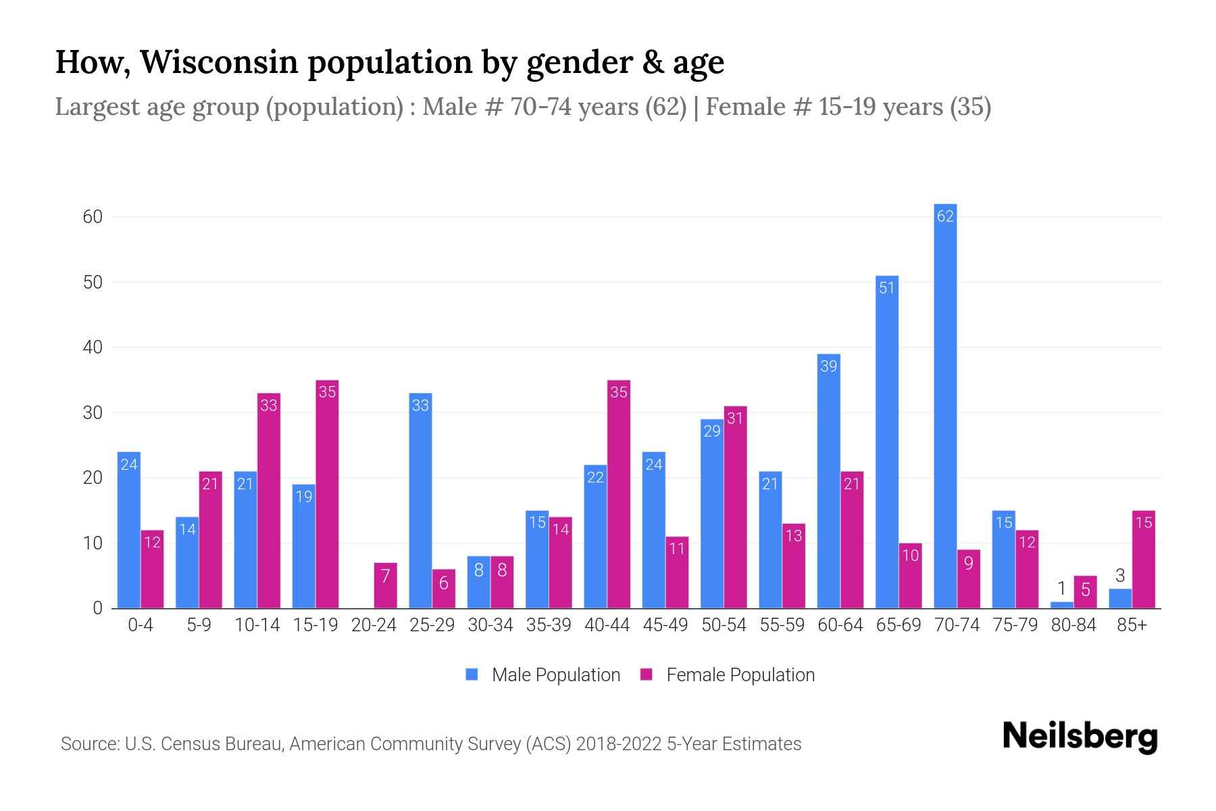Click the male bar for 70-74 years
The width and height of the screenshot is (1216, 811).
[x=945, y=405]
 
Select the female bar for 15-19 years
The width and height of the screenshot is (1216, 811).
[x=327, y=494]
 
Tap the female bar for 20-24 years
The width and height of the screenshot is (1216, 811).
[x=385, y=585]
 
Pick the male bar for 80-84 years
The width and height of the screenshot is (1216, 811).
[x=1061, y=605]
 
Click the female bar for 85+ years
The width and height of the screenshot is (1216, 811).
[x=1143, y=560]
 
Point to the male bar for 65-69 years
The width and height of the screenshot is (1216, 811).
[x=887, y=442]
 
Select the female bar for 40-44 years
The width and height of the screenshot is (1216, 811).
[x=618, y=494]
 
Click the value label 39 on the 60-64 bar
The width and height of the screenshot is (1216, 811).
[x=828, y=366]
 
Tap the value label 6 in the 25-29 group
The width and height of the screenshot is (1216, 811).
[x=443, y=583]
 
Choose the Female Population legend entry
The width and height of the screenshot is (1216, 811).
[x=728, y=674]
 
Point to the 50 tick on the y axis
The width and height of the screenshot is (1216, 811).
[x=93, y=282]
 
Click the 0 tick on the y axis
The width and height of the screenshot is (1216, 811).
[x=97, y=608]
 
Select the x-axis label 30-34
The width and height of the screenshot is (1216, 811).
[x=490, y=625]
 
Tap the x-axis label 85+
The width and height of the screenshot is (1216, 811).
[x=1132, y=625]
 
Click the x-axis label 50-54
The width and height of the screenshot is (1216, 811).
[x=724, y=625]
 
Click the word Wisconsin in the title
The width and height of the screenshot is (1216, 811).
[x=219, y=62]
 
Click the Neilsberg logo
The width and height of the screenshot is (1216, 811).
[x=1080, y=737]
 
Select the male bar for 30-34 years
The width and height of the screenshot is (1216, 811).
[x=478, y=582]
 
